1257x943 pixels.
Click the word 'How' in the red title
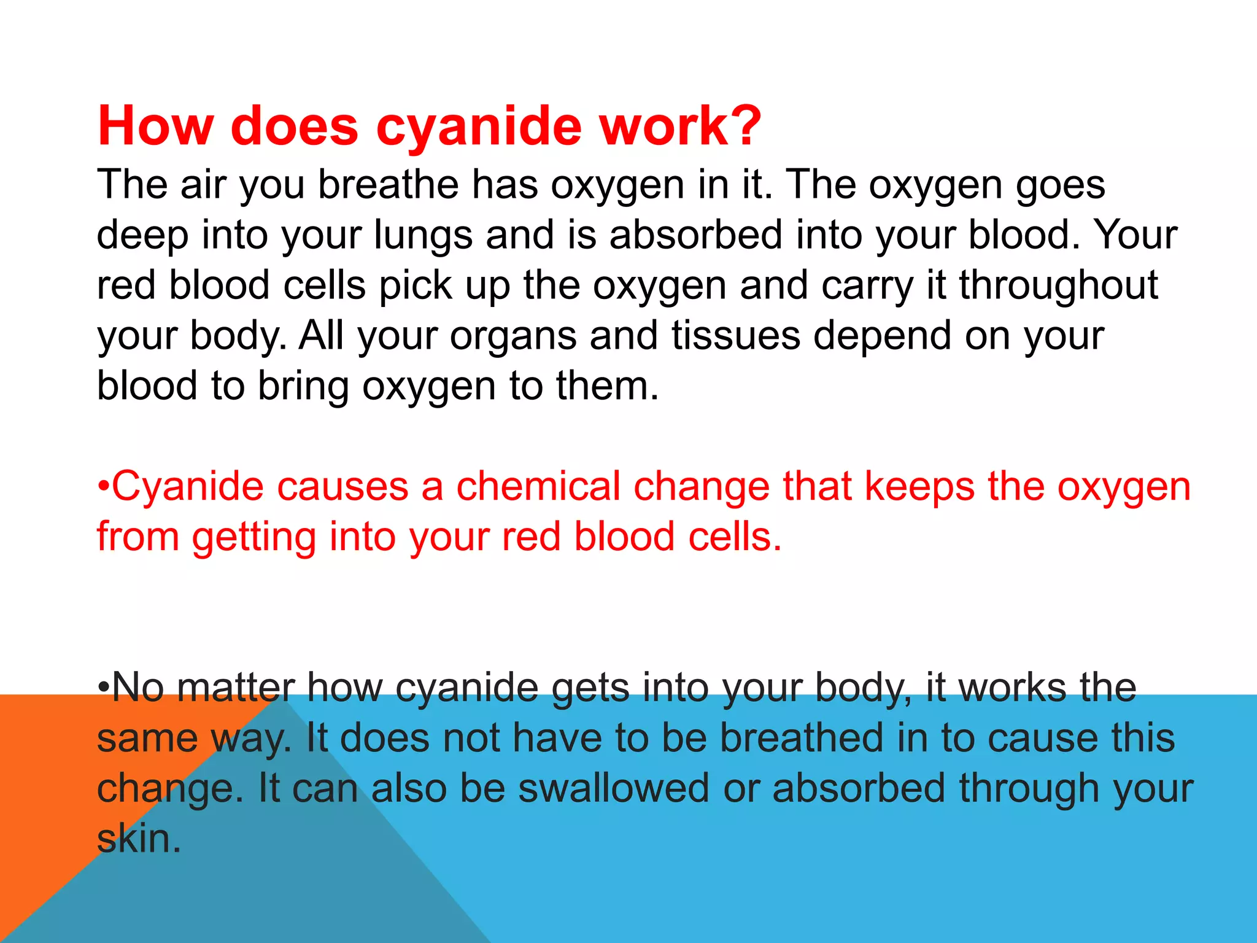[x=155, y=126]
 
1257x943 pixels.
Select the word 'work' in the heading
[x=663, y=126]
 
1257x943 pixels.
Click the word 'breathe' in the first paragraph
[x=388, y=185]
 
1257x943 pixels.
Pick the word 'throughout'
[x=1058, y=286]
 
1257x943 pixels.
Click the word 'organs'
[x=513, y=336]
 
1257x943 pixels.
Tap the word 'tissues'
[x=736, y=336]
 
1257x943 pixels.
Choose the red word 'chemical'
[x=538, y=487]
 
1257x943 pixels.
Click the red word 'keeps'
[x=919, y=488]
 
